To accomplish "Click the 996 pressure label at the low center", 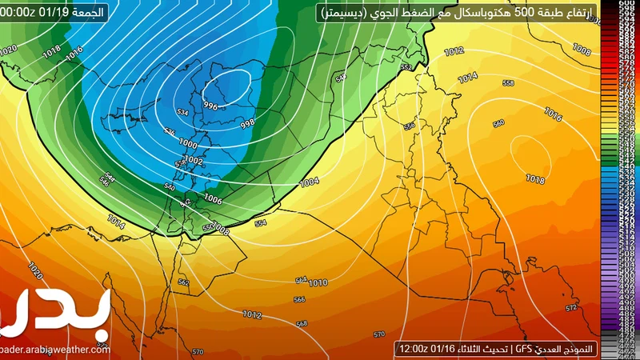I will click(211, 106).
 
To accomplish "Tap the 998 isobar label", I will click(247, 122).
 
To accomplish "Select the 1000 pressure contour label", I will click(189, 143).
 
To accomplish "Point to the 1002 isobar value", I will click(194, 161).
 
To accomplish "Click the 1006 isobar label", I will click(213, 198).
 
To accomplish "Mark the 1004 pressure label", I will click(309, 182).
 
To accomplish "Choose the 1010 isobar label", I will click(318, 282).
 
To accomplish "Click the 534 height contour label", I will click(182, 114).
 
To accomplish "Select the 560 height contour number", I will click(499, 123).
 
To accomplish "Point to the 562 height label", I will click(183, 282).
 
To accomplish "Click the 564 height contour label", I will click(301, 280).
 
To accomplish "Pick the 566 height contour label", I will click(299, 300).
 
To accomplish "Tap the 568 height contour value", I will click(302, 323).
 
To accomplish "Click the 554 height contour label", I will click(260, 223).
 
